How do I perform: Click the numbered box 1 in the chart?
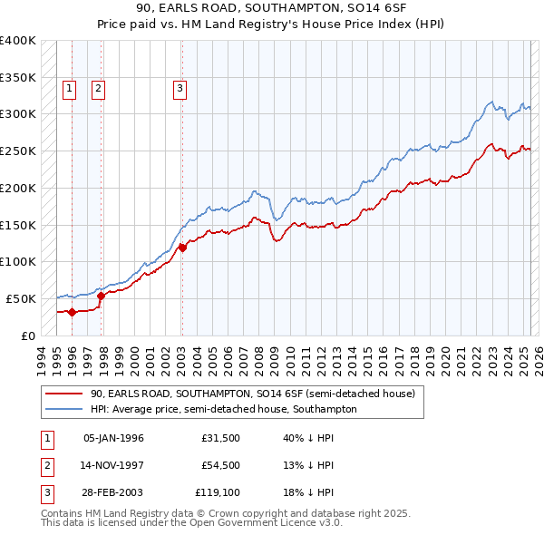click(x=69, y=88)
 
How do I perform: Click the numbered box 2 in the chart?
click(x=97, y=88)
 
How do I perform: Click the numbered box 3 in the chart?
click(x=180, y=88)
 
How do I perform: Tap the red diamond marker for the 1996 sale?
click(x=72, y=312)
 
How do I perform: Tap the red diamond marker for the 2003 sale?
click(x=182, y=247)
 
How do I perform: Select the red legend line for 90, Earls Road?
click(x=63, y=394)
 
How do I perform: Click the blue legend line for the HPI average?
click(x=63, y=410)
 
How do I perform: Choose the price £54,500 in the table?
click(x=220, y=464)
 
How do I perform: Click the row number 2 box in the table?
click(x=46, y=465)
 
